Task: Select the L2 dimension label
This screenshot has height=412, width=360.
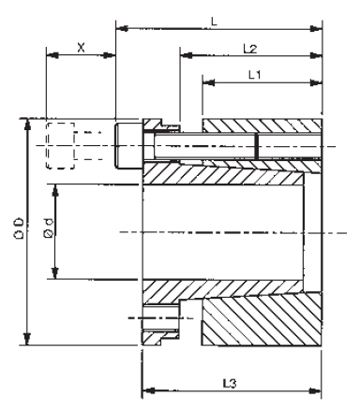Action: (249, 47)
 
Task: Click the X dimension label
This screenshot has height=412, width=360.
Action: (81, 46)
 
